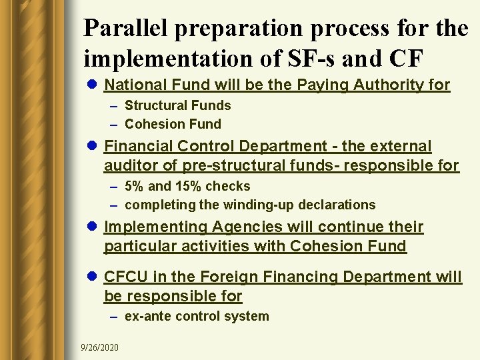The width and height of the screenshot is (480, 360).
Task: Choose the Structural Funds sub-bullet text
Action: [177, 105]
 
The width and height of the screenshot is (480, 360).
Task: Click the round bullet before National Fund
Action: [91, 85]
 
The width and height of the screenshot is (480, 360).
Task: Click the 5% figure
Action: [136, 186]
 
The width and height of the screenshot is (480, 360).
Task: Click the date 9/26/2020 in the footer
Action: [100, 348]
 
